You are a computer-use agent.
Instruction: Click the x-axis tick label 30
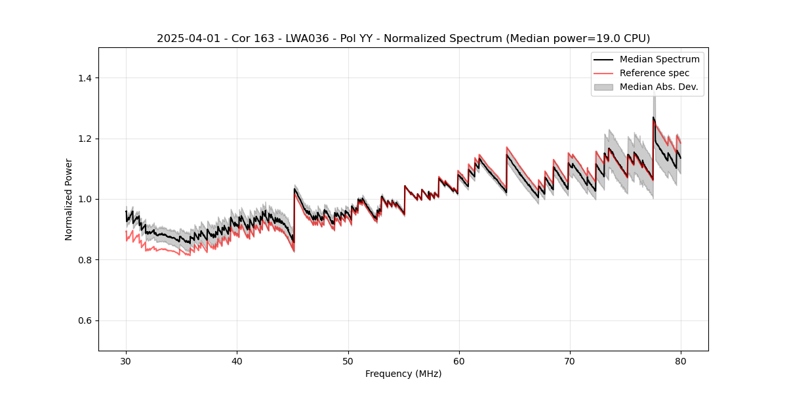126,361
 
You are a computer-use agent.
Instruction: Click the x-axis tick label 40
237,361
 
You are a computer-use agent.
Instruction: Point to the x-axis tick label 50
348,361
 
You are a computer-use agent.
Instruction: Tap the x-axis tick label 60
459,361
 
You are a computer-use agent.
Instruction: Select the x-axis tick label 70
570,361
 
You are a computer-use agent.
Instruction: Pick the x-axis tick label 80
681,361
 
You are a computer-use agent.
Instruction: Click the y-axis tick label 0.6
85,320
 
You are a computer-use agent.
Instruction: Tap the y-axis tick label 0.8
85,260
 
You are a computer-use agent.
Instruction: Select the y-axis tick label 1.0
85,199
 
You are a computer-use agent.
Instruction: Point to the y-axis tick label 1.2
85,139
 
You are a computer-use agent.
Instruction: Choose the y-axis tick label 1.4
85,78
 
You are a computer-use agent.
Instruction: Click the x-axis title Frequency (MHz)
403,374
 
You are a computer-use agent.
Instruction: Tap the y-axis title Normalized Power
69,199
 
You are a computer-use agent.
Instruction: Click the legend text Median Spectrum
659,59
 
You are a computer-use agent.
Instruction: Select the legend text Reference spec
655,73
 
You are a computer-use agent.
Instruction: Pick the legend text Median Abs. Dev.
658,87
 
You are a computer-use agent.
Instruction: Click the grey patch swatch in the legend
603,87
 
